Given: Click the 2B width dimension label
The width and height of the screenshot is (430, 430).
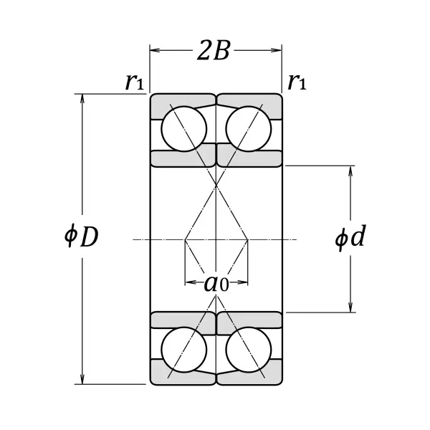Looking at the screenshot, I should click(214, 52).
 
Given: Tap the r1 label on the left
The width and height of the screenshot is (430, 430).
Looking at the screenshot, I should click(134, 82).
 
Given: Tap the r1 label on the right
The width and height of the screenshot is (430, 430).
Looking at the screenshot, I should click(297, 82).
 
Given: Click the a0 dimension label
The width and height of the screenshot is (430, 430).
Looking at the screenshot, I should click(216, 283).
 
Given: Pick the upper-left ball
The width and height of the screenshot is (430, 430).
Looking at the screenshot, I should click(183, 129).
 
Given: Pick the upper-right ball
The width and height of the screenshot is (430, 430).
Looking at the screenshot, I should click(248, 129).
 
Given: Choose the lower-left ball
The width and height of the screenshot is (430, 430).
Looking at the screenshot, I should click(183, 349).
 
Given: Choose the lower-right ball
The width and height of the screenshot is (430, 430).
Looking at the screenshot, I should click(248, 349).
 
